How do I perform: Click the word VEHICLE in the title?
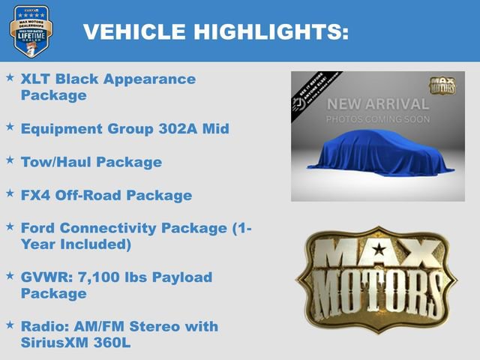pos(130,31)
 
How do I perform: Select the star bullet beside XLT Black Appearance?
pos(10,77)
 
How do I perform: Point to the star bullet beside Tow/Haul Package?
pos(10,160)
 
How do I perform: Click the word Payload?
pos(183,277)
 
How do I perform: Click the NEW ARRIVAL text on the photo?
pos(377,103)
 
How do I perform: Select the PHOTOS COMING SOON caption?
pos(377,119)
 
